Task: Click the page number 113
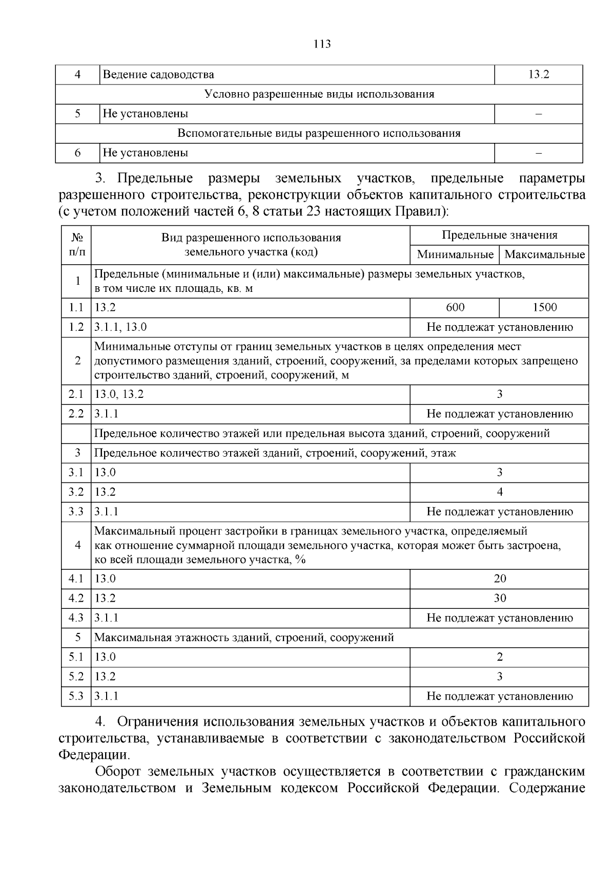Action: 322,44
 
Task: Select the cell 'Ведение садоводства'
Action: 158,75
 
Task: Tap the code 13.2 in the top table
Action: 539,75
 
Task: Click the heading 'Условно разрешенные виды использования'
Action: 319,94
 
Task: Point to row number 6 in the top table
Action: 77,153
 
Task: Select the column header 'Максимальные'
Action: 544,255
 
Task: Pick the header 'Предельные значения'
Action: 500,235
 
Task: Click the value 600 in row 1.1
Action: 455,307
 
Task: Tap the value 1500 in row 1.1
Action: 544,307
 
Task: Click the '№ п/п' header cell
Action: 76,245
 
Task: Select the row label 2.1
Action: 76,394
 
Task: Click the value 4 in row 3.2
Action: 500,492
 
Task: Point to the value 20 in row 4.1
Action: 500,579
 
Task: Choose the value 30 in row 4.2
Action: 500,598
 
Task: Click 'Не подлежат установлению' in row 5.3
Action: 500,696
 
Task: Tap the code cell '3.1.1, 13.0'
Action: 121,327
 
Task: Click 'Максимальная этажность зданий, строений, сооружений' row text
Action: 244,638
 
